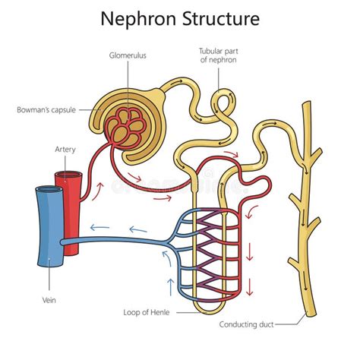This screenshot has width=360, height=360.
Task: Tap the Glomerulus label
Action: click(127, 54)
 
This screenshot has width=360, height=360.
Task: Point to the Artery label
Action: click(65, 150)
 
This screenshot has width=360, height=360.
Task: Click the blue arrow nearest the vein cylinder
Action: click(96, 227)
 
